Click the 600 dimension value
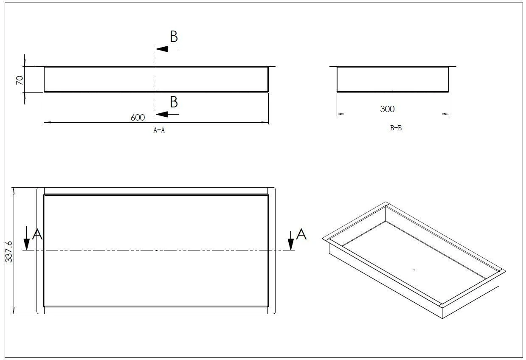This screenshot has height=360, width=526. point(138,118)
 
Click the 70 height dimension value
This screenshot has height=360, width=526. point(20,80)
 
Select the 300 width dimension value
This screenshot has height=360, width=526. point(387,109)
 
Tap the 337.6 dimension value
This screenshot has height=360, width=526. point(8,251)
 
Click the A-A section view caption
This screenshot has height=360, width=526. point(159,130)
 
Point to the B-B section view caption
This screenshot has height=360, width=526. point(396,128)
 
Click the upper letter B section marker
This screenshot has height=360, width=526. point(174,37)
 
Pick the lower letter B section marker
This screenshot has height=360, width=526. point(174,102)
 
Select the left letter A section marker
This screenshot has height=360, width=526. point(37,234)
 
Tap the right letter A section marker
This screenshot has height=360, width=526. point(301,234)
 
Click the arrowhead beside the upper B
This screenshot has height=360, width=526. point(162,49)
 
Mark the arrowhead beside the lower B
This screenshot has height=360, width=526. point(162,114)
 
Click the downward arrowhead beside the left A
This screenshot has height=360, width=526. point(27,244)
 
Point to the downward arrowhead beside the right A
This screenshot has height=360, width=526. point(291,244)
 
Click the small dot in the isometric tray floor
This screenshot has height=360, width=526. point(414,270)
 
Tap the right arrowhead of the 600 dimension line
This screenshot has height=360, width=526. point(265,122)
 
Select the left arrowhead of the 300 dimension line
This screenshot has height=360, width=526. point(340,114)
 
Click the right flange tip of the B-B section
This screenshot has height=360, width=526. point(456,67)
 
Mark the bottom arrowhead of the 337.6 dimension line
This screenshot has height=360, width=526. point(14,310)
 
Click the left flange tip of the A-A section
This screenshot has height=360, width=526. point(37,67)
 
